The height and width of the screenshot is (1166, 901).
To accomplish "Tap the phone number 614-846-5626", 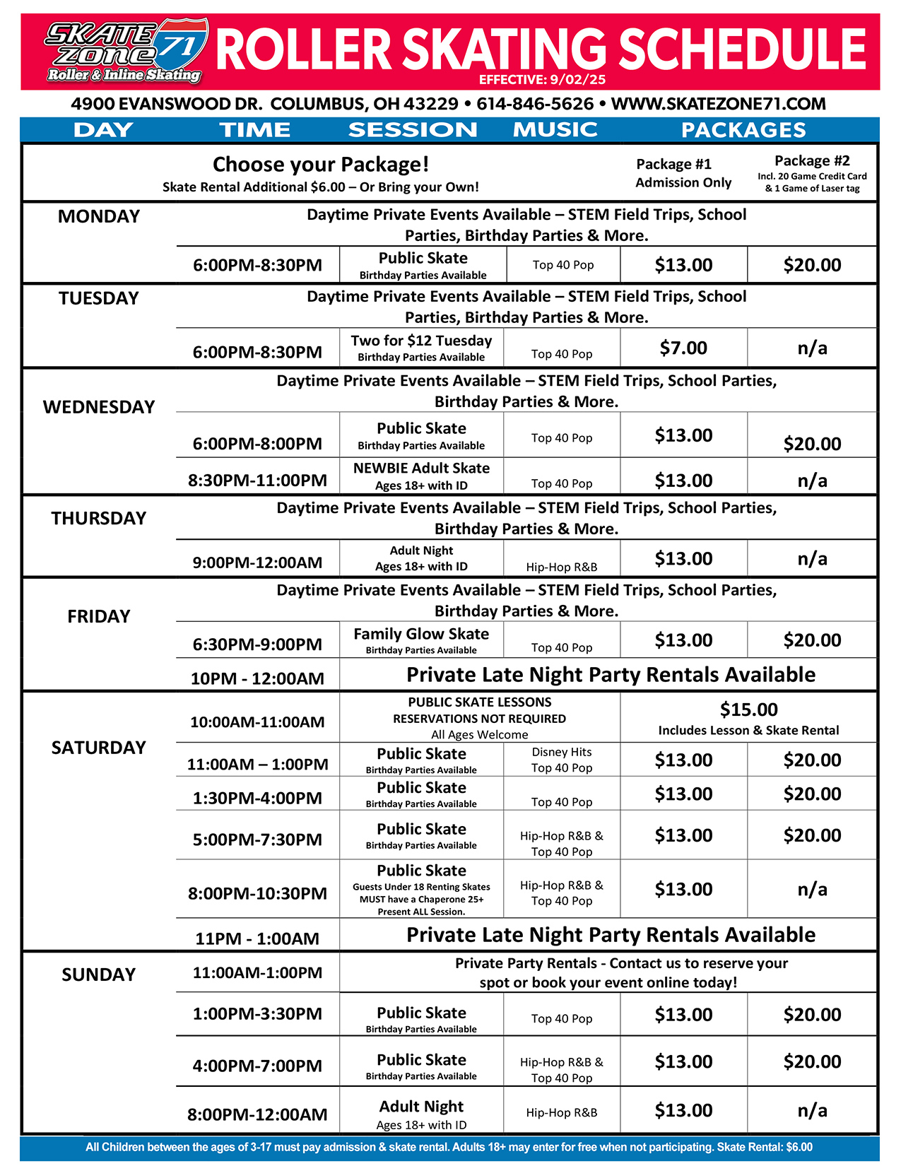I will click(535, 105).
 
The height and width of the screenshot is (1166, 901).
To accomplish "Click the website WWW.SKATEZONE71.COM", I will click(718, 105).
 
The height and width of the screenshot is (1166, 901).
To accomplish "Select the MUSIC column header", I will click(555, 130).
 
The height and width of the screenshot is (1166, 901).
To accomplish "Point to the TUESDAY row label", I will click(98, 298).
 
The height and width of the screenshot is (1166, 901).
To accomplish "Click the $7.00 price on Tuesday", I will click(683, 348).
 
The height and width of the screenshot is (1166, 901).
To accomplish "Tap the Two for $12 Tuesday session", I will click(421, 341).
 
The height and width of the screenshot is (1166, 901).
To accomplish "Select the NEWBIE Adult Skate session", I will click(421, 468).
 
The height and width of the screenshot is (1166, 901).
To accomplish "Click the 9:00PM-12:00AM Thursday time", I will click(257, 563).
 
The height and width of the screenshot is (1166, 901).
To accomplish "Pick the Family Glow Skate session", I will click(421, 634).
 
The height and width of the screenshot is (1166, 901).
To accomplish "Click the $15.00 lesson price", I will click(748, 709).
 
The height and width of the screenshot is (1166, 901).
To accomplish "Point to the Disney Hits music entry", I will click(562, 752).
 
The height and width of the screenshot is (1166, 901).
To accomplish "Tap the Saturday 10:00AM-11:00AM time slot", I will click(257, 722).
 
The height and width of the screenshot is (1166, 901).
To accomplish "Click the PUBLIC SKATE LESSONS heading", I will click(480, 702).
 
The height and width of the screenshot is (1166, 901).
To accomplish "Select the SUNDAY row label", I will click(98, 974).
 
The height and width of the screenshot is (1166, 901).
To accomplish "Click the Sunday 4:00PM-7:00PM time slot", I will click(257, 1066).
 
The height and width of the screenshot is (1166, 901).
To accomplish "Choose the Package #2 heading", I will click(812, 161).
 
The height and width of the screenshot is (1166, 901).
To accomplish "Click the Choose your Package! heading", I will click(321, 165).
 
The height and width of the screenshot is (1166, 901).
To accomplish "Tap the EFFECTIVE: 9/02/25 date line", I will click(542, 80).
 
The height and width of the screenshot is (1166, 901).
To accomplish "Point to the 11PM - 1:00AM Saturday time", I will click(257, 938).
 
